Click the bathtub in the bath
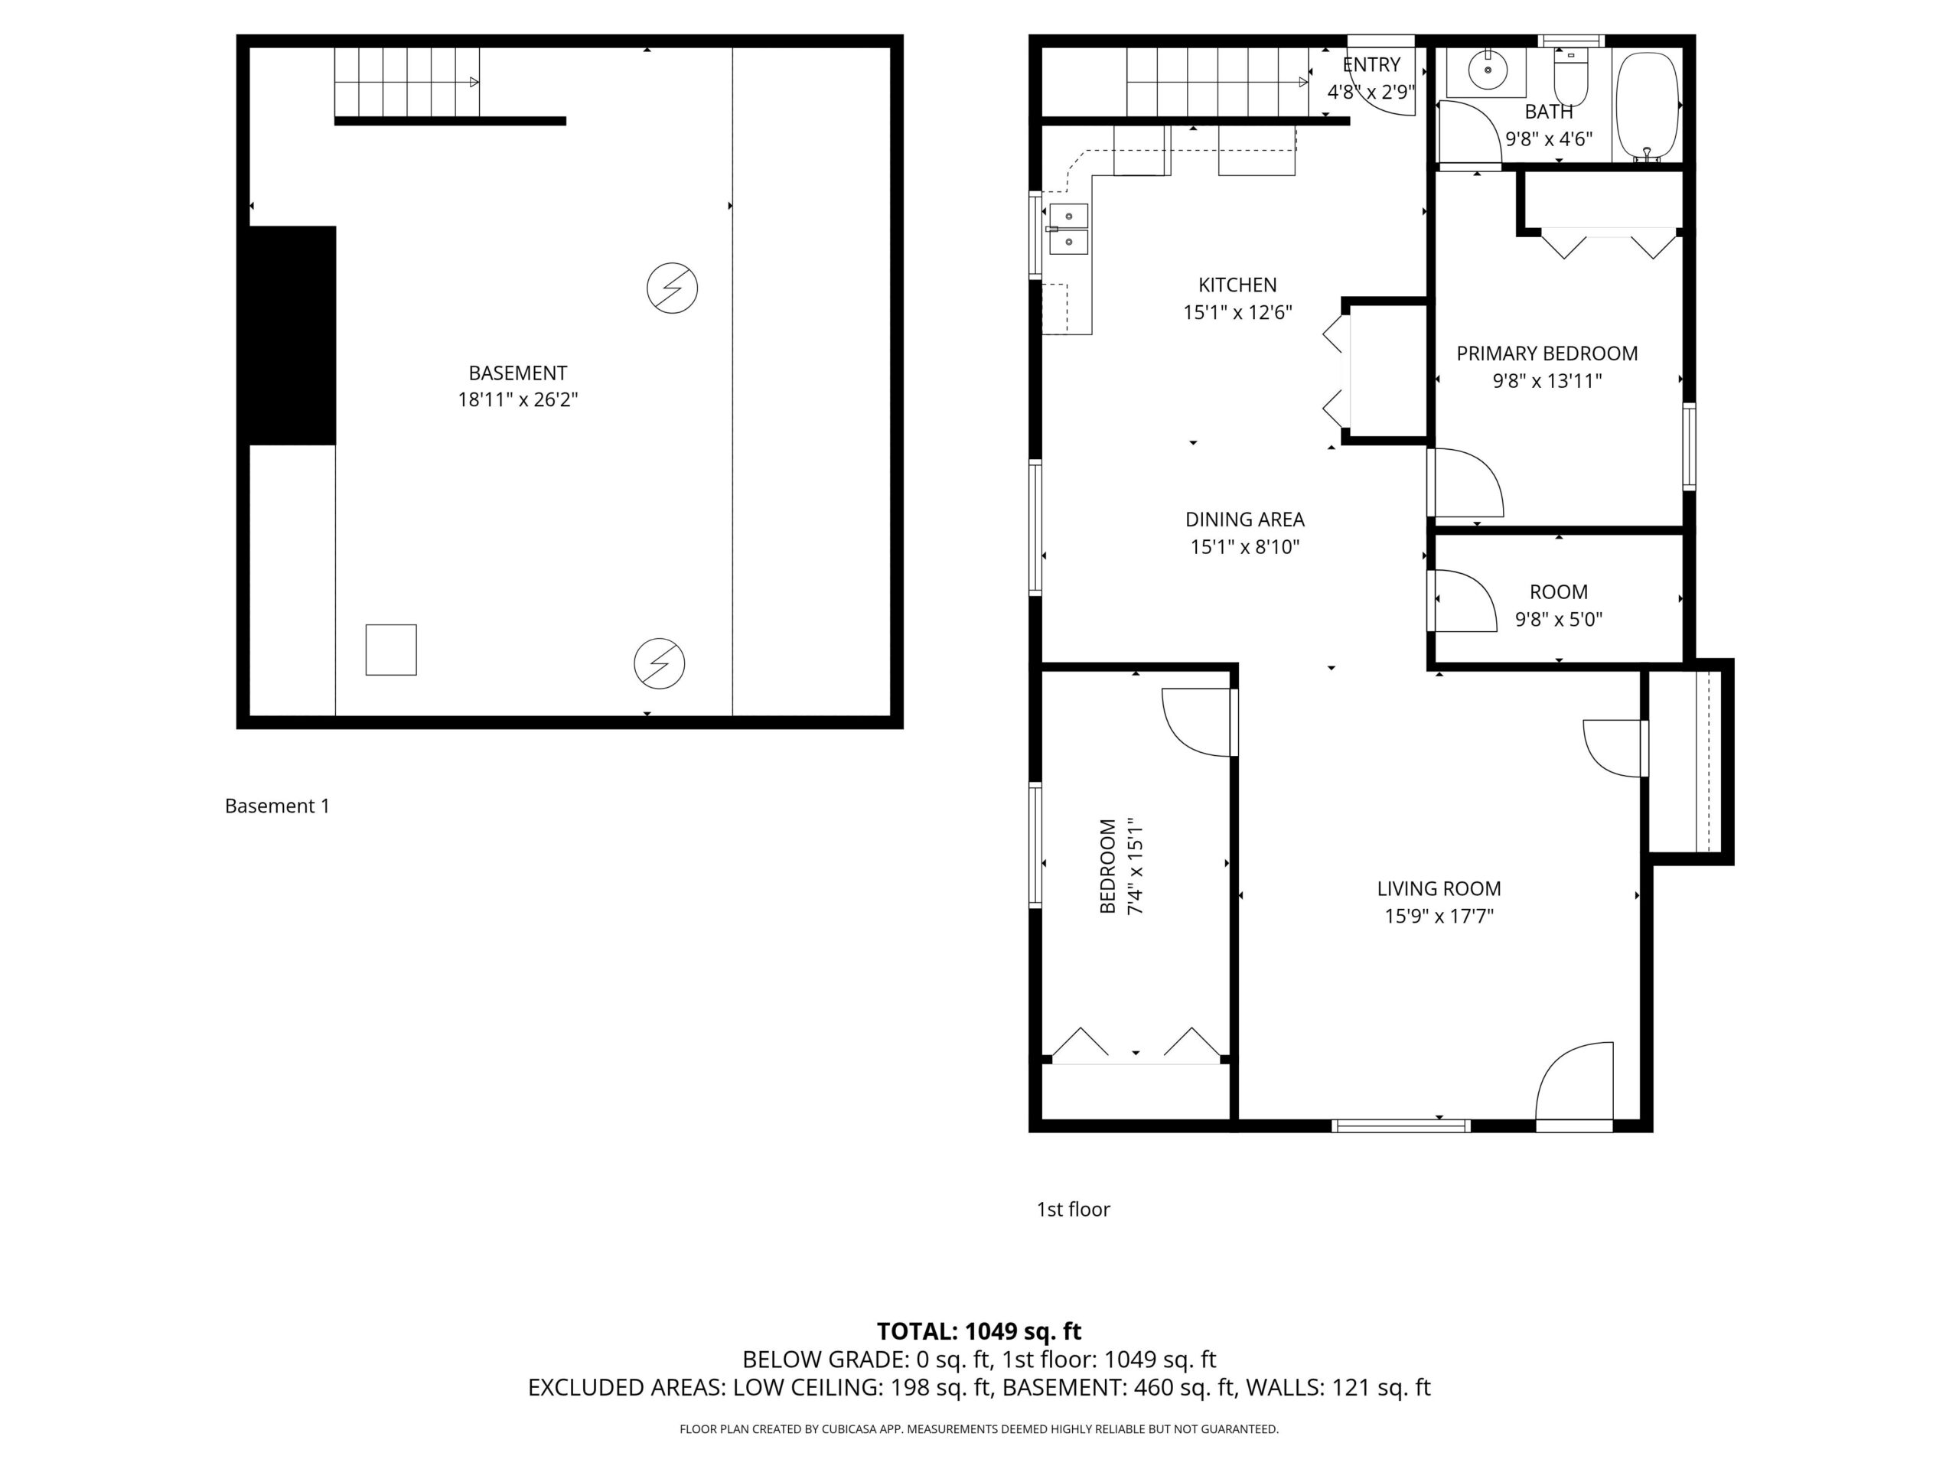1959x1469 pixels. [1648, 107]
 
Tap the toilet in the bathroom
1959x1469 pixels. [1571, 78]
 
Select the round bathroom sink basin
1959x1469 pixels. [1488, 70]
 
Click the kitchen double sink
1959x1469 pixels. [1069, 229]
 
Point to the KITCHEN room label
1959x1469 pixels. [1237, 285]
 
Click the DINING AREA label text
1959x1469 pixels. [1244, 520]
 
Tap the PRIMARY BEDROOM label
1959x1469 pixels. [1547, 353]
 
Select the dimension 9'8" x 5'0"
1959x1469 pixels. [1559, 620]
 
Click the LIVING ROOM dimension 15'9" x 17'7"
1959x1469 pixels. [1439, 916]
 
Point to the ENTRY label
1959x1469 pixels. [1371, 64]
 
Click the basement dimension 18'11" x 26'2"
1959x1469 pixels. [517, 399]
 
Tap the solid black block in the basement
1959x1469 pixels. [292, 336]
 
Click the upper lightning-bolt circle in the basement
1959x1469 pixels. [672, 288]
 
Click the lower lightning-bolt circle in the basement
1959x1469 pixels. [660, 663]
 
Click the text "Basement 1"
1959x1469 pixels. [277, 806]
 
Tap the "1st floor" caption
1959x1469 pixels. [1074, 1210]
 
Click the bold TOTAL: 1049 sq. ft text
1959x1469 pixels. [979, 1331]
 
